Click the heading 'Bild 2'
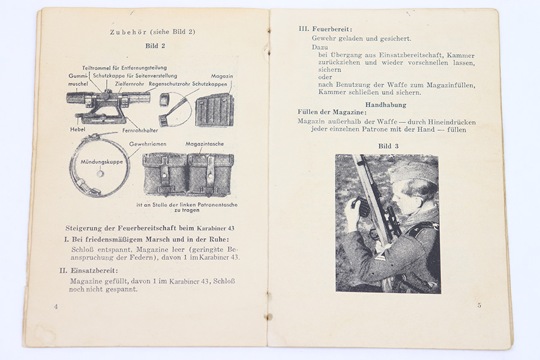(155, 46)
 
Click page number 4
(56, 306)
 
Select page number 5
(479, 305)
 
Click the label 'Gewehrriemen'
(148, 144)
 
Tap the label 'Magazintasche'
(209, 144)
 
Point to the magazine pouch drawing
(188, 174)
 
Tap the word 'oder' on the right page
(325, 77)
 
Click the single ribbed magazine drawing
(214, 109)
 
